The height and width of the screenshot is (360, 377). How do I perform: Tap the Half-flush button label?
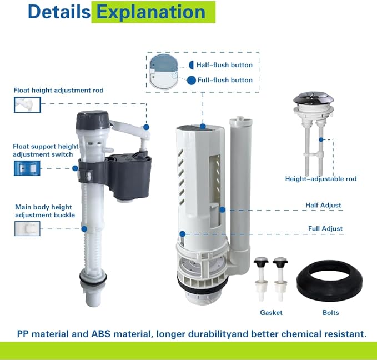[x=224, y=65]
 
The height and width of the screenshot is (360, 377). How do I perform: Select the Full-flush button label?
[x=225, y=80]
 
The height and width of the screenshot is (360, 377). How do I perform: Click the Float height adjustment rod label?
[x=59, y=90]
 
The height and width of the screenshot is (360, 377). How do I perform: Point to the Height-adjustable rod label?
[x=321, y=179]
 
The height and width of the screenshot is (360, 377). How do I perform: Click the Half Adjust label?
[x=323, y=205]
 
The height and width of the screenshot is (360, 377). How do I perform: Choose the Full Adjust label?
[x=325, y=228]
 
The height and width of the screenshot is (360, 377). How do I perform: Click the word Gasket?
[x=272, y=313]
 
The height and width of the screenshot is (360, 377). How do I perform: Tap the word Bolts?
[x=331, y=313]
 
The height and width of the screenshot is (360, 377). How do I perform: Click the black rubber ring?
[x=329, y=282]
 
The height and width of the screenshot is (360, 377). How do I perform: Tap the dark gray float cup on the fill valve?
[x=131, y=173]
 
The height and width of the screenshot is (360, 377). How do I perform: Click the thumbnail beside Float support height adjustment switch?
[x=27, y=167]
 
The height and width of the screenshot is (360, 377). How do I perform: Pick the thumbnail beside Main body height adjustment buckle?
[x=27, y=228]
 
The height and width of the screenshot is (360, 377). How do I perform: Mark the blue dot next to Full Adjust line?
[x=182, y=234]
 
